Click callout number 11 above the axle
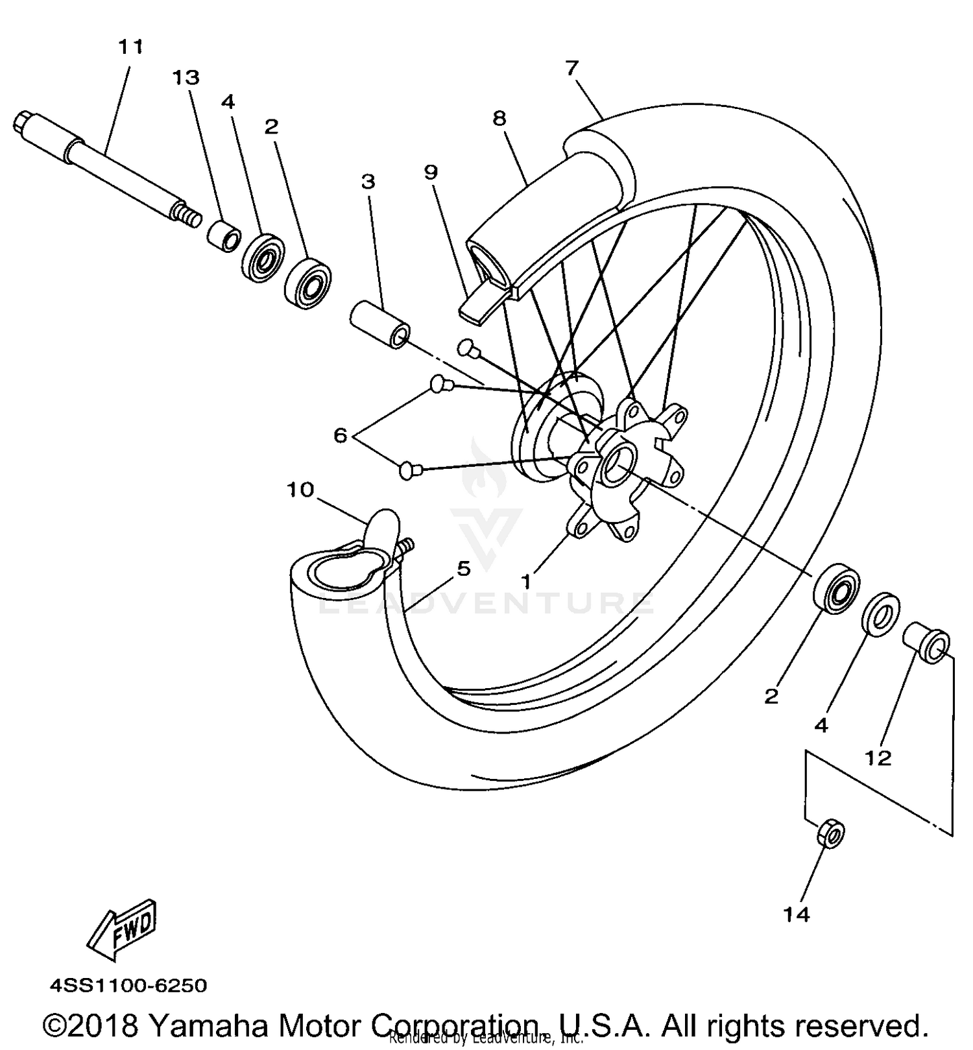pyautogui.click(x=130, y=47)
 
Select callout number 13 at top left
pyautogui.click(x=186, y=78)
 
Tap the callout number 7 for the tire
pyautogui.click(x=571, y=67)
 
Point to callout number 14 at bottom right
pyautogui.click(x=796, y=915)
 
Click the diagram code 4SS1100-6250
pyautogui.click(x=129, y=986)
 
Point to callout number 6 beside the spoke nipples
pyautogui.click(x=341, y=435)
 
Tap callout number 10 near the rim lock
pyautogui.click(x=300, y=490)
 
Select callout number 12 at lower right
pyautogui.click(x=878, y=758)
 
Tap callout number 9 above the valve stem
pyautogui.click(x=431, y=172)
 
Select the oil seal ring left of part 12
pyautogui.click(x=880, y=614)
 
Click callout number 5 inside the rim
pyautogui.click(x=463, y=569)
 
